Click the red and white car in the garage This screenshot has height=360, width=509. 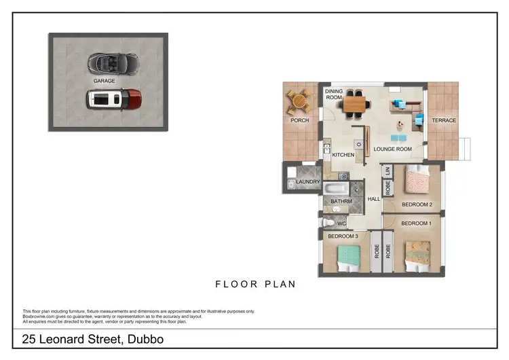click(x=114, y=99)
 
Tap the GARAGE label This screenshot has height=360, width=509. click(x=105, y=80)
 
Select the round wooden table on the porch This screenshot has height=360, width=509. click(x=298, y=102)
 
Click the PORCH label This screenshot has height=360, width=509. click(x=299, y=121)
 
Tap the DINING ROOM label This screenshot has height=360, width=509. click(x=334, y=94)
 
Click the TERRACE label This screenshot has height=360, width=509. click(x=445, y=121)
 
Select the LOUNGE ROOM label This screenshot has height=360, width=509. click(x=393, y=149)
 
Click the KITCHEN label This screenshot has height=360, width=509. click(x=343, y=156)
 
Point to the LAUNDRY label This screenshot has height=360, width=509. click(x=308, y=182)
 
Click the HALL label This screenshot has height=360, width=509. click(x=374, y=199)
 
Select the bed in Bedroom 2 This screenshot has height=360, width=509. click(x=415, y=182)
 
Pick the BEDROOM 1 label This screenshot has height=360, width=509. click(x=416, y=223)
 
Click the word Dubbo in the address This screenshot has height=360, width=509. click(x=145, y=339)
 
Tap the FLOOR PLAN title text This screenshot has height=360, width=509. click(x=255, y=284)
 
